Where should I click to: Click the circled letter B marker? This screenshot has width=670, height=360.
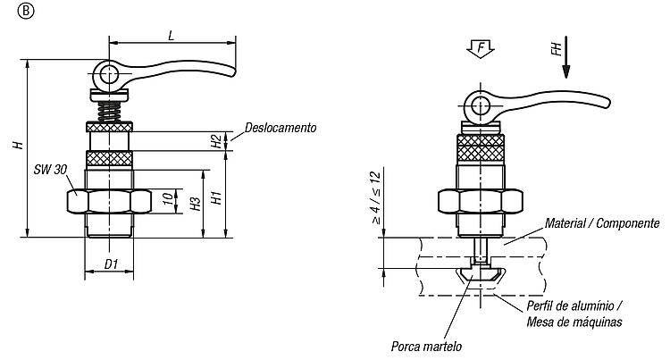26,11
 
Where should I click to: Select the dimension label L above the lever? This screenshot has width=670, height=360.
172,35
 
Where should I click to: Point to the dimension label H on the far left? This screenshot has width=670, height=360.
18,145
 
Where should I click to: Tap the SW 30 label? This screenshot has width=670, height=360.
50,170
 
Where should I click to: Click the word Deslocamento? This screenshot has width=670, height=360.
281,128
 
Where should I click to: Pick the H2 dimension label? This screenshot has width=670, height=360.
217,141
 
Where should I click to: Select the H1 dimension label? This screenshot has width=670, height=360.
217,197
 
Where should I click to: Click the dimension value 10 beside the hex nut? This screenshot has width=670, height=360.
169,198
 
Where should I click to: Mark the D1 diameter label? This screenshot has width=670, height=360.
111,264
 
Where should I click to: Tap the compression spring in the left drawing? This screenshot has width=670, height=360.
109,112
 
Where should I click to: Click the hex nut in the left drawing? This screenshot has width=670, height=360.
109,201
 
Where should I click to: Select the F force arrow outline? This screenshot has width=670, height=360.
481,48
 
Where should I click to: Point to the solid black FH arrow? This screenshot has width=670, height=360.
565,57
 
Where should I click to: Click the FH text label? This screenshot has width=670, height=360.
556,48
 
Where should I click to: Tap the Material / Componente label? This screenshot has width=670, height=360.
602,223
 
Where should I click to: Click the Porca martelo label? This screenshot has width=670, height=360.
426,346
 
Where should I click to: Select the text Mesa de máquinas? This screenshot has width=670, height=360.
574,322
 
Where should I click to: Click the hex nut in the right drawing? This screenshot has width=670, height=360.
481,201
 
